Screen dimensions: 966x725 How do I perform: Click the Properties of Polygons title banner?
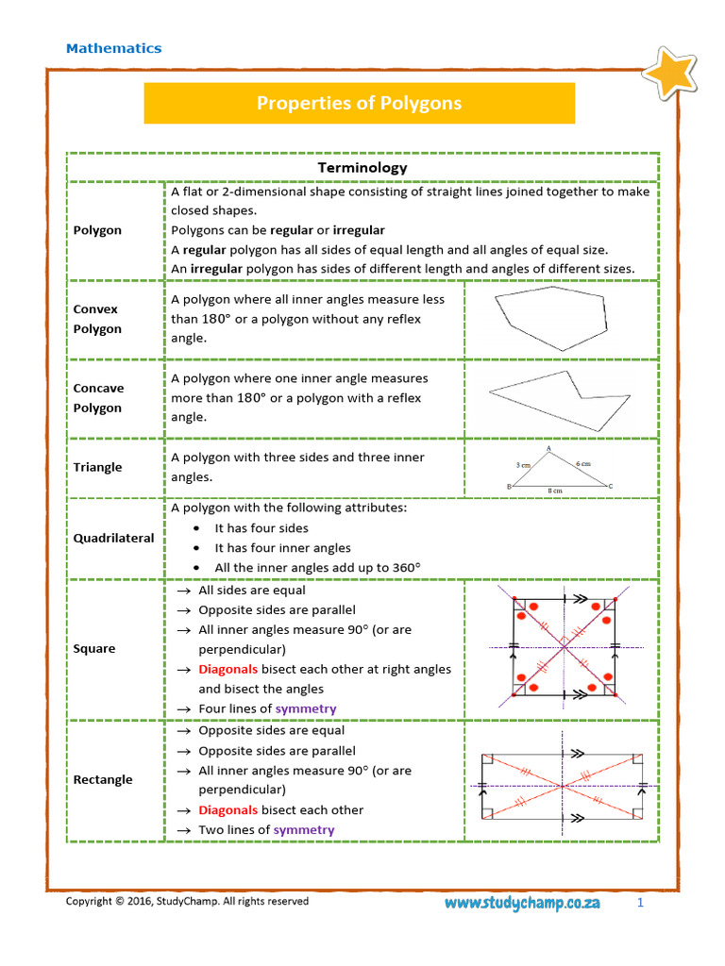(359, 103)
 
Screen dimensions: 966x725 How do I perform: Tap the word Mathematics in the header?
(113, 48)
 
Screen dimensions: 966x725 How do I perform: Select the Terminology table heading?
(362, 167)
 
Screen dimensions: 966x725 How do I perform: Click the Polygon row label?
(97, 230)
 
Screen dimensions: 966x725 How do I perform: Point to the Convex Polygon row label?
(97, 319)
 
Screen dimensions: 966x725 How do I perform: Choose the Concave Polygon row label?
(98, 398)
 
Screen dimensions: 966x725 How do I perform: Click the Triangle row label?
(97, 467)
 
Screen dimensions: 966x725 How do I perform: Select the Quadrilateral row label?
(113, 538)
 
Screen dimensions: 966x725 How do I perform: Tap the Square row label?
(94, 649)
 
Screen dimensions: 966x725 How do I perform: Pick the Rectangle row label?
(103, 779)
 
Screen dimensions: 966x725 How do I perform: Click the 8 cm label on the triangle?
(555, 491)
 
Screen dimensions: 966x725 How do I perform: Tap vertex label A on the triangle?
(548, 449)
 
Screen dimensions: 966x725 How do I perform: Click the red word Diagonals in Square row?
(228, 669)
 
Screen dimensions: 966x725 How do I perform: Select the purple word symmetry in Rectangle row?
(303, 830)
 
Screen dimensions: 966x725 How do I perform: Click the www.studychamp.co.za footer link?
(522, 903)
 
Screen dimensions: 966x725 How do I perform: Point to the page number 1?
(639, 903)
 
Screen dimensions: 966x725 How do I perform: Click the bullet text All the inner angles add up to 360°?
(317, 568)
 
